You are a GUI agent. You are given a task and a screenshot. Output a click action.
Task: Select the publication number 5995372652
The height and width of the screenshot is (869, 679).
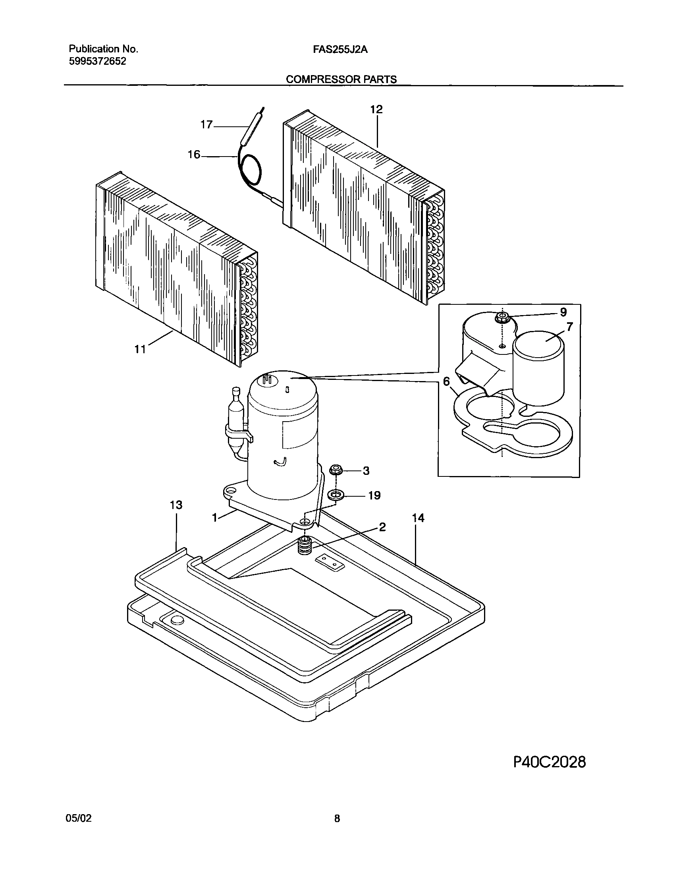pyautogui.click(x=97, y=61)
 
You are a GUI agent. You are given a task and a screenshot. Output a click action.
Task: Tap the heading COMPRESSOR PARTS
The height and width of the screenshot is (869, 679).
pyautogui.click(x=341, y=79)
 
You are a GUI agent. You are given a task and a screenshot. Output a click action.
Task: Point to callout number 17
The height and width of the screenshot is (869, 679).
pyautogui.click(x=206, y=124)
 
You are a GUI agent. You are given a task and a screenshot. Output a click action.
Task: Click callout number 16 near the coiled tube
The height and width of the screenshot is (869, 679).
pyautogui.click(x=194, y=155)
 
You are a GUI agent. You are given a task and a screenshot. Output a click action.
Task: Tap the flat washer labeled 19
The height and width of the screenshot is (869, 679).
pyautogui.click(x=336, y=495)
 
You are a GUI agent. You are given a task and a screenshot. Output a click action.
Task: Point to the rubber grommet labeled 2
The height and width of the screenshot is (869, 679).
pyautogui.click(x=305, y=546)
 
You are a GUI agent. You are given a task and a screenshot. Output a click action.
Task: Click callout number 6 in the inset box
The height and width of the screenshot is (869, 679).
pyautogui.click(x=446, y=381)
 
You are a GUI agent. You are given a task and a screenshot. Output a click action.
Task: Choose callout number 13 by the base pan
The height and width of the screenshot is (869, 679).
pyautogui.click(x=176, y=505)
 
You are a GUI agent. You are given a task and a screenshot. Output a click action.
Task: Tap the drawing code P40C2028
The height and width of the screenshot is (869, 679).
pyautogui.click(x=549, y=762)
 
